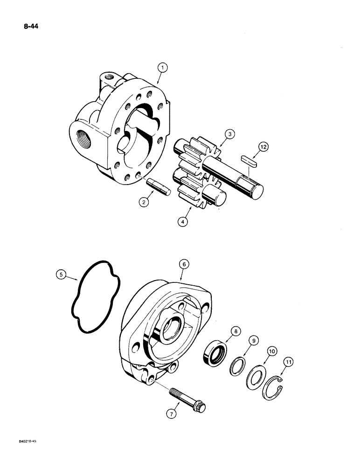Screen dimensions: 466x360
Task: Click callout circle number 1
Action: [162, 69]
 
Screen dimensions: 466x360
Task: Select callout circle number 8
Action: [236, 332]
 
